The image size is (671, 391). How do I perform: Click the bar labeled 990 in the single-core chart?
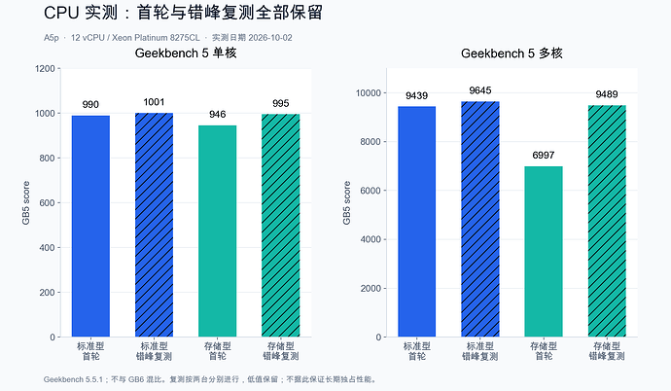click(x=90, y=226)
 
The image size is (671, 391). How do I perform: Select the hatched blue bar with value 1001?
click(x=154, y=225)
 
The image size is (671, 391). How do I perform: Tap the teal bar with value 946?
click(x=218, y=231)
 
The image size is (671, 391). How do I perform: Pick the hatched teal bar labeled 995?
click(x=281, y=226)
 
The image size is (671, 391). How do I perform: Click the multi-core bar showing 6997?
click(x=544, y=252)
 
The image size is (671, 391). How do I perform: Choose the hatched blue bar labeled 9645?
click(x=480, y=219)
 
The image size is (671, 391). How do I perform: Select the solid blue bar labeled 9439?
click(x=417, y=222)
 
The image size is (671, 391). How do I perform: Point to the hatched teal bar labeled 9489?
click(x=607, y=221)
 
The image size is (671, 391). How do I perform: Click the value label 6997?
click(x=544, y=156)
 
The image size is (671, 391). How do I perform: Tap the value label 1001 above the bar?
click(x=154, y=102)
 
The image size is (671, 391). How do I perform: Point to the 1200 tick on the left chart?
click(x=45, y=68)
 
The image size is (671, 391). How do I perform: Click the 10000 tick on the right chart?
click(x=369, y=92)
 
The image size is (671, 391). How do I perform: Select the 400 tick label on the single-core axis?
click(x=47, y=248)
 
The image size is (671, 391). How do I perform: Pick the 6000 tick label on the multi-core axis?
click(x=371, y=191)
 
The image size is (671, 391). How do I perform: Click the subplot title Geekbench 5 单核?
click(x=186, y=53)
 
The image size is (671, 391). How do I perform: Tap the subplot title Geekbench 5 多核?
click(x=512, y=53)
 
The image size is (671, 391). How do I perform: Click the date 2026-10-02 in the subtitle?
click(x=270, y=38)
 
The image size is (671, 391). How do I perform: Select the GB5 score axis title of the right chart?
click(x=346, y=202)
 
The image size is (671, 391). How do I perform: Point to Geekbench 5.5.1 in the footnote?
click(x=73, y=379)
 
